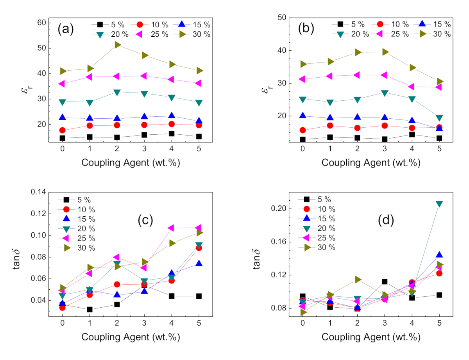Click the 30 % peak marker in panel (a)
click(117, 45)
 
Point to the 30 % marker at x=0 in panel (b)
click(303, 64)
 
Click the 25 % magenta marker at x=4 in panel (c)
click(171, 228)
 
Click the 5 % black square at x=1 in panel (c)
click(90, 310)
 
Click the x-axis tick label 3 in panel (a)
click(145, 149)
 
